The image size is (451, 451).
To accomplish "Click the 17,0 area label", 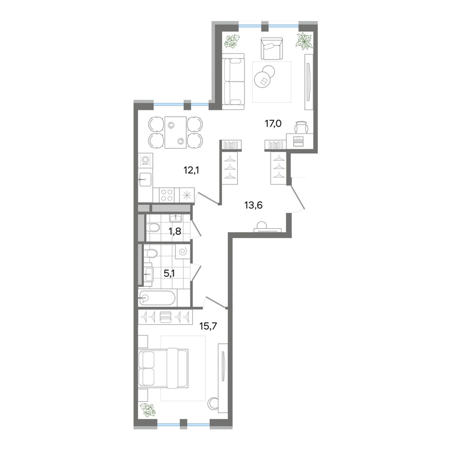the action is (x=273, y=124).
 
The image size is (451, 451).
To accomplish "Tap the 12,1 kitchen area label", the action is (x=192, y=170).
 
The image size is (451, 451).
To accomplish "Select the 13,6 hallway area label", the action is (x=253, y=206).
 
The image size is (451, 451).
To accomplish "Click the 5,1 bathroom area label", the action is (x=169, y=274).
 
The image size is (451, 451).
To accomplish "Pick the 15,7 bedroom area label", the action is (x=208, y=326).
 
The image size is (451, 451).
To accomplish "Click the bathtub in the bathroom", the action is (x=157, y=298).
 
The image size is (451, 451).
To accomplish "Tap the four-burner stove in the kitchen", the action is (x=166, y=195).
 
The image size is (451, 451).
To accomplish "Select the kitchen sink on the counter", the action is (x=146, y=179).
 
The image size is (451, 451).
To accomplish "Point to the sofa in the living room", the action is (x=233, y=82).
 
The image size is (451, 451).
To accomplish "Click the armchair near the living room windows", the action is (x=272, y=48).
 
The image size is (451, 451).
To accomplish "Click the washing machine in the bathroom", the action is (x=183, y=252).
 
